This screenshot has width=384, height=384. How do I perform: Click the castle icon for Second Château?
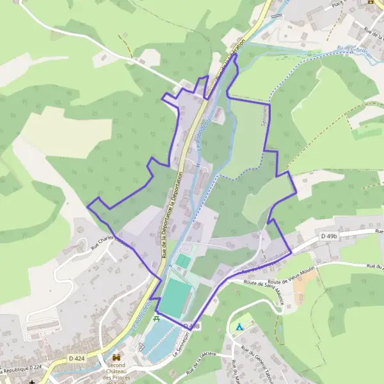click(x=116, y=358)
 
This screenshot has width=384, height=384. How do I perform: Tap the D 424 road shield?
click(x=77, y=358)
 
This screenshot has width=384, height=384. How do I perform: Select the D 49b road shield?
click(x=328, y=237)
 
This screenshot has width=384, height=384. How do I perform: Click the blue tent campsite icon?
click(x=238, y=326)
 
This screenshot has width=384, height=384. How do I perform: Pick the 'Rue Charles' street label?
click(x=106, y=238)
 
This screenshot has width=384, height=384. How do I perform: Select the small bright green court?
click(x=183, y=261)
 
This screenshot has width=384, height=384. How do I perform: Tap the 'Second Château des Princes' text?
click(x=116, y=371)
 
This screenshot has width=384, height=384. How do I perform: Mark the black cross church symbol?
click(x=31, y=381)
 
